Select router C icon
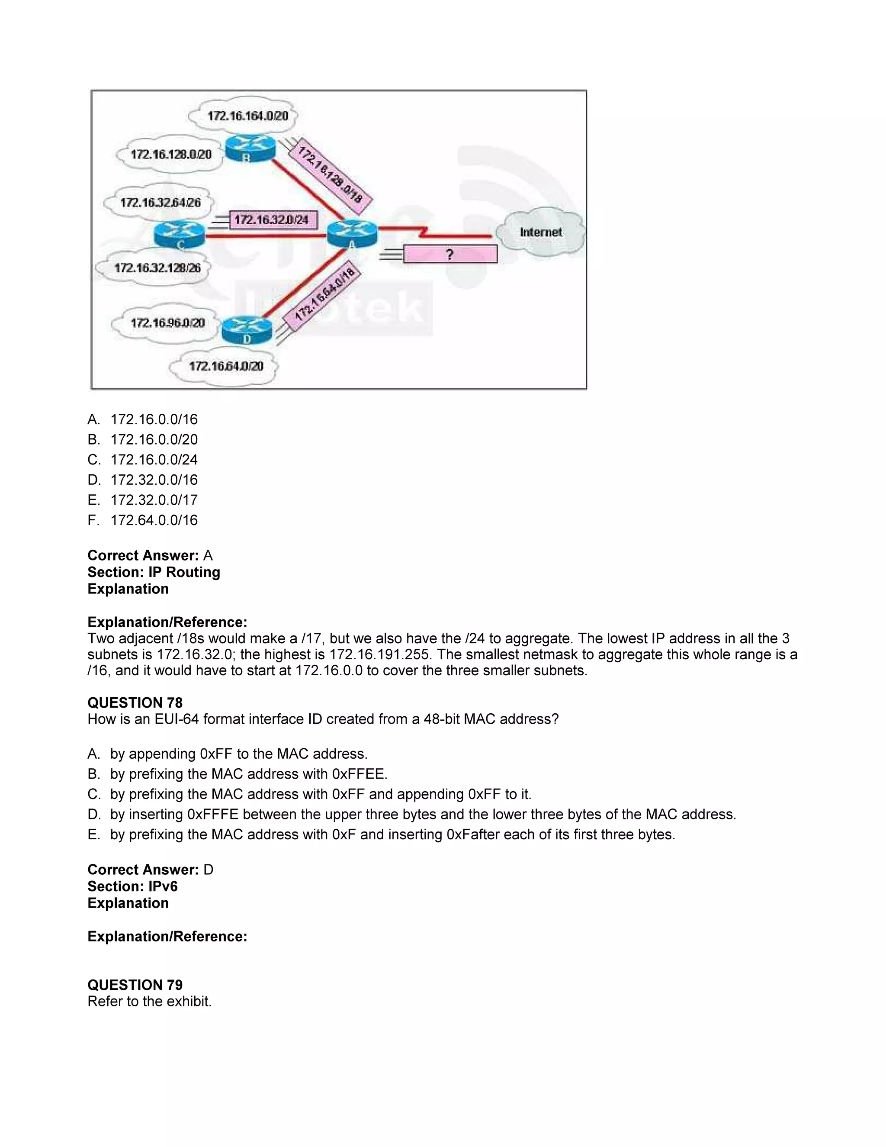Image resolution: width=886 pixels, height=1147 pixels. (x=180, y=234)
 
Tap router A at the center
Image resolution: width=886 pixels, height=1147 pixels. (x=352, y=233)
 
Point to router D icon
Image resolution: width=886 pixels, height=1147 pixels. (x=246, y=329)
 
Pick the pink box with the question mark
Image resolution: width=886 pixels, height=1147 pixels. (x=450, y=255)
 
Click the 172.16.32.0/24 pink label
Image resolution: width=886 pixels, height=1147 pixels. (x=273, y=219)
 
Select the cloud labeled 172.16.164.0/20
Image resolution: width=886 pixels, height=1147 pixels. (x=247, y=115)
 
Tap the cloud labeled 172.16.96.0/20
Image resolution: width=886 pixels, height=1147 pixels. (x=167, y=322)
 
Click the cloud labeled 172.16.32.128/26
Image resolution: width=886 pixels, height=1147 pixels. (x=157, y=268)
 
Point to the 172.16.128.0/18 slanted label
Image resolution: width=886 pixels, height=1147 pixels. (x=330, y=175)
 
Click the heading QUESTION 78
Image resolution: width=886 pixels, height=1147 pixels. (x=135, y=702)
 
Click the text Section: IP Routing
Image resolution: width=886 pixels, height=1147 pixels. (x=154, y=572)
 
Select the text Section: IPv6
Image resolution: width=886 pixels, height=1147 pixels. (x=132, y=886)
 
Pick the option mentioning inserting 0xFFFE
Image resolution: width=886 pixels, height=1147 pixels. (x=423, y=814)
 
